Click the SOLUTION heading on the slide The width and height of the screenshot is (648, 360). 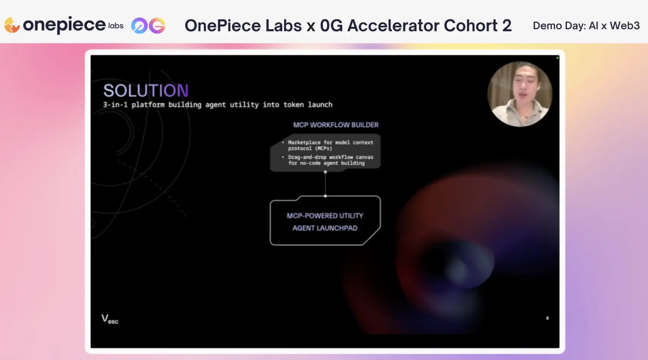[x=146, y=90]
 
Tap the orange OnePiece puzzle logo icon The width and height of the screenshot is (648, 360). [x=12, y=25]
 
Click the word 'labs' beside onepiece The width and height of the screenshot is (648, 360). [x=116, y=26]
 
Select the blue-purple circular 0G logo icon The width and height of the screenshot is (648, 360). [x=139, y=25]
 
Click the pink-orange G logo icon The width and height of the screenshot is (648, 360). [x=157, y=25]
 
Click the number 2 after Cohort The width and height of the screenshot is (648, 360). [x=507, y=25]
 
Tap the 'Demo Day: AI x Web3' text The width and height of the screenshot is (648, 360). [x=586, y=25]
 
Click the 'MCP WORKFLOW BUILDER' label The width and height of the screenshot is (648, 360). [x=336, y=125]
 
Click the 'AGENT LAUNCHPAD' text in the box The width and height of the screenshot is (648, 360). [x=325, y=228]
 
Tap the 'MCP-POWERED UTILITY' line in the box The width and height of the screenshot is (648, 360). [x=325, y=216]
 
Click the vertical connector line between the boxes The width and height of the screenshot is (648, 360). [x=326, y=184]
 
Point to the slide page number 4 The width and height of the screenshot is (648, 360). [x=547, y=318]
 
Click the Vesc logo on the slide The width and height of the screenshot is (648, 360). [x=110, y=319]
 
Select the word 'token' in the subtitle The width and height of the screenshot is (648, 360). [x=293, y=105]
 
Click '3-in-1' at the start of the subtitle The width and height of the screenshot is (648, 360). [x=115, y=105]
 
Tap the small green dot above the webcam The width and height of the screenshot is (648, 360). [x=557, y=58]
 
